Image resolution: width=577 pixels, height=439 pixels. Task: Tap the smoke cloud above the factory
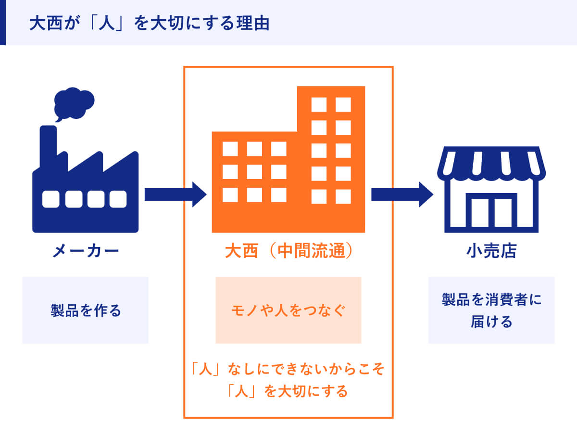click(x=74, y=103)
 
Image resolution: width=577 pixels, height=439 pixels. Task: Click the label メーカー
click(x=85, y=251)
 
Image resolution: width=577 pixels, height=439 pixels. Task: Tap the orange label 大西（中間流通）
click(x=288, y=251)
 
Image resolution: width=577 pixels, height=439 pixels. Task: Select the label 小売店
click(x=491, y=251)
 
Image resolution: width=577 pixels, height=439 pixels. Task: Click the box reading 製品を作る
click(x=85, y=310)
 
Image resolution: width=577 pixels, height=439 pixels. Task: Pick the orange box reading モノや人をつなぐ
click(x=288, y=310)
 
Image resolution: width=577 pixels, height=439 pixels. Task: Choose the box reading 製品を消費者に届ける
click(x=491, y=310)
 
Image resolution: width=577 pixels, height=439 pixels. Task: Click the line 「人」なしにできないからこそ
click(x=288, y=370)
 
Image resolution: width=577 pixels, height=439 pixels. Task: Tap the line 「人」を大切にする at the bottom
click(x=288, y=391)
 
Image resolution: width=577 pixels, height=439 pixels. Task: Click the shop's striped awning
click(x=491, y=163)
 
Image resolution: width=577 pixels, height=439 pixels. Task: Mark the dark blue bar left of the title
click(x=2, y=23)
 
